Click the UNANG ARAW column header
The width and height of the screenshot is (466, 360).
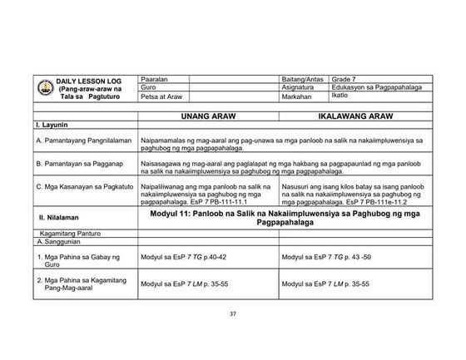pos(209,117)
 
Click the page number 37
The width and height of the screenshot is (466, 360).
pos(233,313)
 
